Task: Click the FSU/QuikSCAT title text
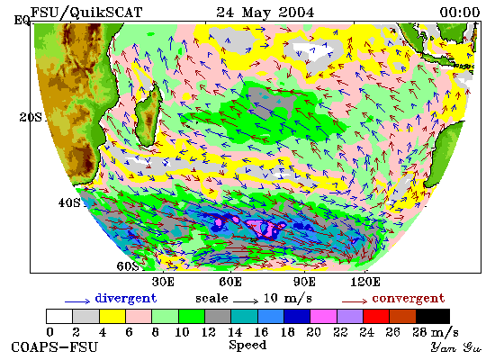click(86, 13)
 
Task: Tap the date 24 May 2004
click(265, 13)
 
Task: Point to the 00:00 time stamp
click(460, 13)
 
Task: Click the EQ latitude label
click(22, 21)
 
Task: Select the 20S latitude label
click(31, 118)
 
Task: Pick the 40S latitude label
click(69, 202)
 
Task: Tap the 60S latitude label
click(128, 266)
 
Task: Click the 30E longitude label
click(163, 282)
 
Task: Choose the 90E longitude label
click(304, 282)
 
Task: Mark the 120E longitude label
click(365, 282)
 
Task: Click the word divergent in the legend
click(126, 299)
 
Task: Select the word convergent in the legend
click(409, 299)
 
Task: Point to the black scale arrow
click(246, 301)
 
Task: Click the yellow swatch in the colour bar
click(112, 317)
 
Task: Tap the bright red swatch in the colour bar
click(376, 317)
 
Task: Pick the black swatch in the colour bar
click(433, 317)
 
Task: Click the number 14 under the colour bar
click(235, 332)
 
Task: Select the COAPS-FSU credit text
click(54, 347)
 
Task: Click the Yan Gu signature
click(456, 347)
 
